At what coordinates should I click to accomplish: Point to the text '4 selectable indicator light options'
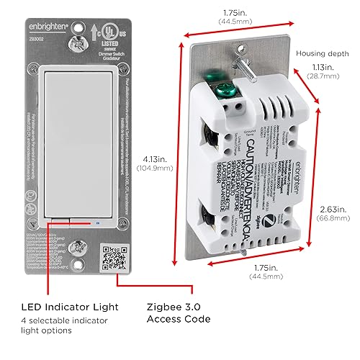(66, 325)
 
